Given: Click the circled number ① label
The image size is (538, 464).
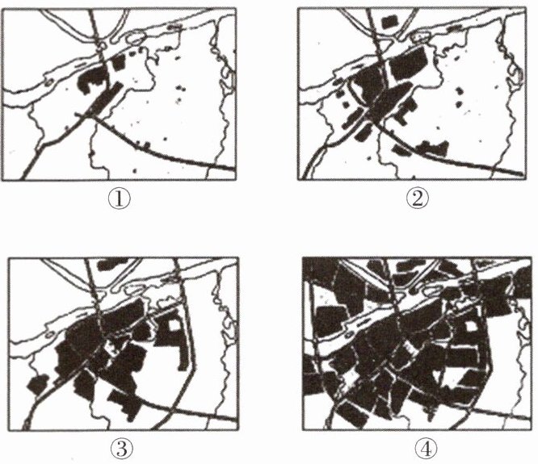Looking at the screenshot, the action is (120, 199).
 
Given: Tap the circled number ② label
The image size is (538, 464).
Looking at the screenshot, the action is (417, 199).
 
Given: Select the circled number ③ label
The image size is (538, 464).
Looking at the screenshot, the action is (122, 449).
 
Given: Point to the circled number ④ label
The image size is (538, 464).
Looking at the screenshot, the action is (426, 449).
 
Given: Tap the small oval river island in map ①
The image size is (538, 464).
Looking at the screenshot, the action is (49, 82).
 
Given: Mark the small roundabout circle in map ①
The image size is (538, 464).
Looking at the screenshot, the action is (102, 46).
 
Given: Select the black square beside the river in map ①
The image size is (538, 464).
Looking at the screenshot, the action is (119, 62).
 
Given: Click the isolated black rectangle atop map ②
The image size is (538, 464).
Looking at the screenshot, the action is (390, 22).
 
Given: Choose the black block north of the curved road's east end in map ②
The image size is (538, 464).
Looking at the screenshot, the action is (432, 148).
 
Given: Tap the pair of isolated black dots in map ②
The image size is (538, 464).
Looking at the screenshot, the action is (460, 96).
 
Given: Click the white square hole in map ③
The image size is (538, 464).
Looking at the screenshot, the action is (174, 324).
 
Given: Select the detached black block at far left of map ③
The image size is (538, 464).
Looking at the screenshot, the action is (38, 384).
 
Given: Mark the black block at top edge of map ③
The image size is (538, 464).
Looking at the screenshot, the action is (111, 264).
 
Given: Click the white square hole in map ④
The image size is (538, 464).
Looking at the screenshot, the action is (472, 326).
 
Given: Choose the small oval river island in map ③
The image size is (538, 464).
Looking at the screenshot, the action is (51, 334).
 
